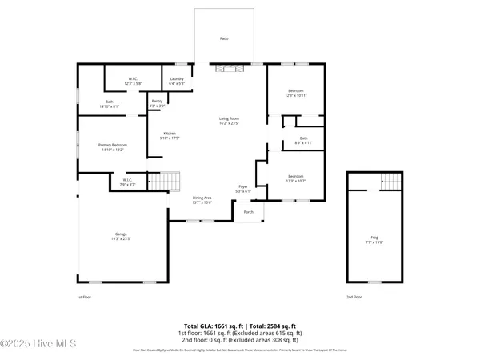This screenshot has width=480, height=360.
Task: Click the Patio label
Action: click(224, 38)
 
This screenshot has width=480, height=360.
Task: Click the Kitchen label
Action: click(170, 135)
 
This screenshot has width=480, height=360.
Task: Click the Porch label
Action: click(248, 212)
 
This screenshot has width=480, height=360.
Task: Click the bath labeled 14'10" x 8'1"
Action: click(110, 103)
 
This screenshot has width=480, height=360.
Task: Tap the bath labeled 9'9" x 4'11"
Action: click(303, 140)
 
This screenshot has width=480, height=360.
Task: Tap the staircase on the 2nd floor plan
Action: click(390, 181)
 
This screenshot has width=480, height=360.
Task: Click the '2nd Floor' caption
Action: click(354, 297)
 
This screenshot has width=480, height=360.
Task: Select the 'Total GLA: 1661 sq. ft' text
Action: click(211, 326)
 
